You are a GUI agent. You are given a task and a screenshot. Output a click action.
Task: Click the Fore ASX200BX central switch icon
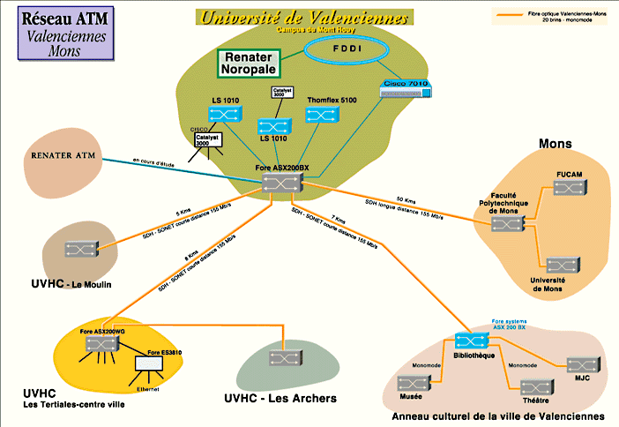click(x=282, y=182)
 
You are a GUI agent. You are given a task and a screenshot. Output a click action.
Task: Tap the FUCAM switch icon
click(x=565, y=187)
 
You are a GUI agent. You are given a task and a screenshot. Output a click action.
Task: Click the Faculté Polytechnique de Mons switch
click(x=506, y=223)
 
